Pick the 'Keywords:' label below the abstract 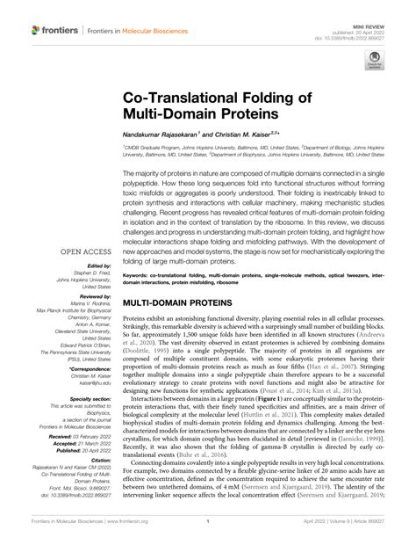coord(139,275)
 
